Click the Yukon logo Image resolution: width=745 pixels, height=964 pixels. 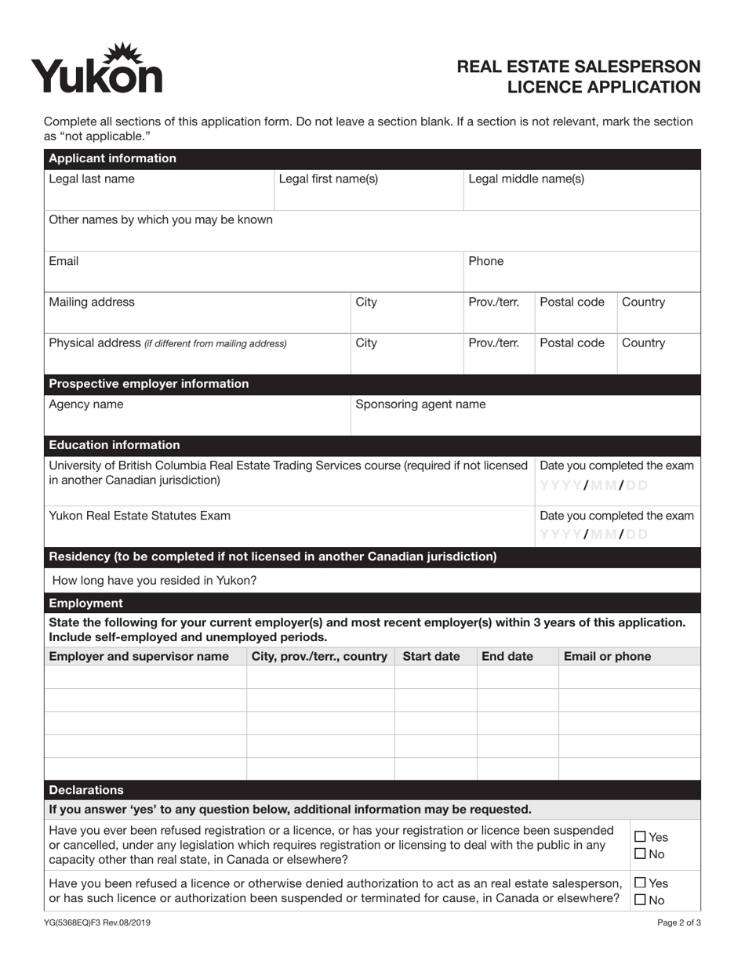click(96, 69)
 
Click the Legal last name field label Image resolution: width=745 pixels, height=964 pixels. click(91, 179)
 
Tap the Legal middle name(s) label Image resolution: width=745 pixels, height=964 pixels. click(525, 179)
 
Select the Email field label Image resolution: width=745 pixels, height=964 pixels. click(64, 261)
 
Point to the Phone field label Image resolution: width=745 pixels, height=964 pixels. click(485, 261)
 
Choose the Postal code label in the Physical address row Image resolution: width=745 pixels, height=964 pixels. click(572, 342)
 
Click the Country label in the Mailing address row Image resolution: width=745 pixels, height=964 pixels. click(643, 302)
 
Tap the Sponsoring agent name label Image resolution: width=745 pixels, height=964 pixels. click(420, 404)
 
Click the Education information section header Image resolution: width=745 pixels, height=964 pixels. click(114, 445)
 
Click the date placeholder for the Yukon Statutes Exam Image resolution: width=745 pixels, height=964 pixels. click(594, 535)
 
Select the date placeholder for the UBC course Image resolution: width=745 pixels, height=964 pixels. click(594, 485)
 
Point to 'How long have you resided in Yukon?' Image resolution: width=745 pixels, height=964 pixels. click(154, 581)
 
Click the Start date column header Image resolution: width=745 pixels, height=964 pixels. click(431, 656)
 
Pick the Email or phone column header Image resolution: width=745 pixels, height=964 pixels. click(607, 656)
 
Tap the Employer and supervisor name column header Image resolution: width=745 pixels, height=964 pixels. click(139, 656)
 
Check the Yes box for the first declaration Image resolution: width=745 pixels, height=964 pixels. click(640, 837)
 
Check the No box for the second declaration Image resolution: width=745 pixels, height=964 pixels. click(640, 901)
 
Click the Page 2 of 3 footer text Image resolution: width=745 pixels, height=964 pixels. click(678, 922)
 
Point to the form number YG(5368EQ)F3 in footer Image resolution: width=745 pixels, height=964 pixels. click(97, 922)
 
